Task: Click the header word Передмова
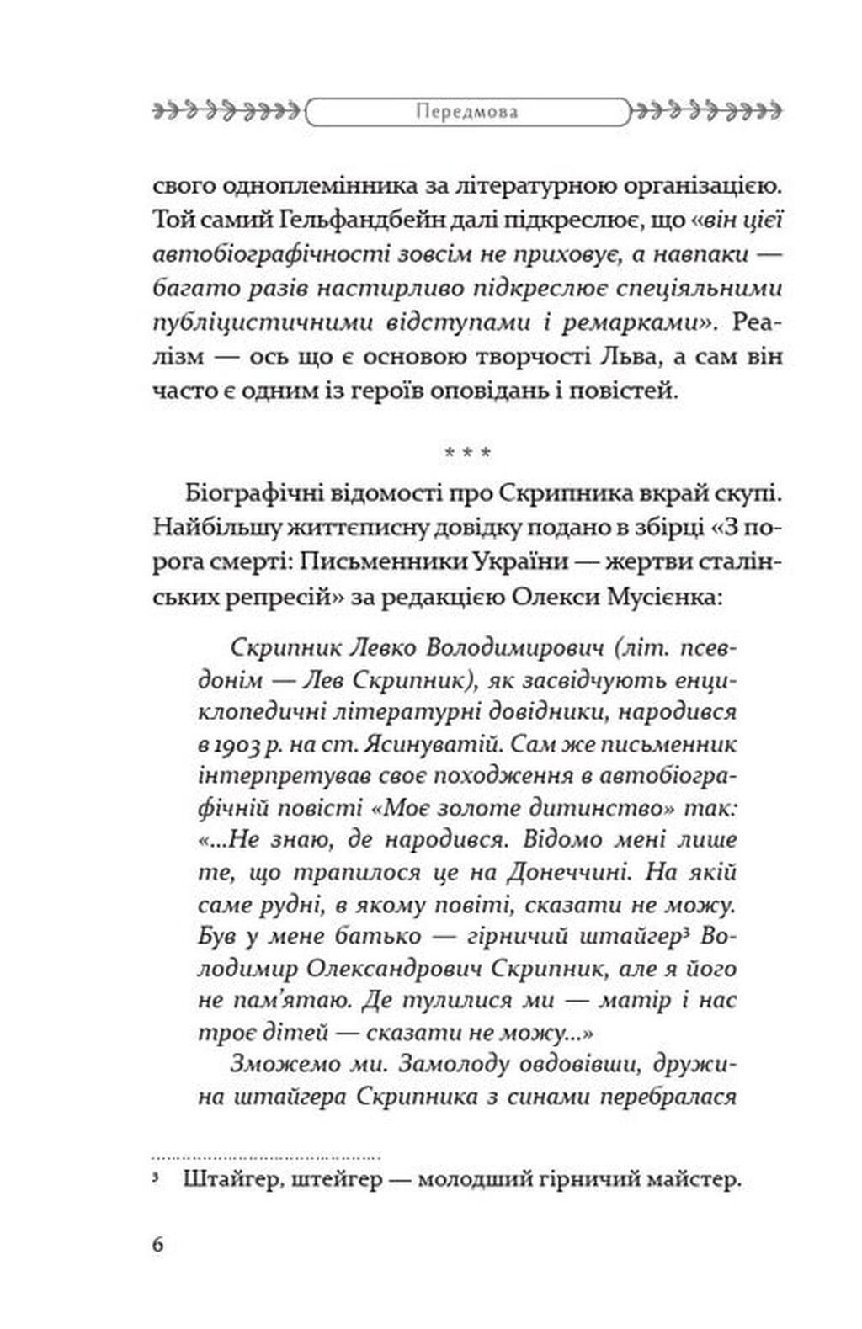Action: (x=467, y=111)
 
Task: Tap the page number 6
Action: (x=158, y=1245)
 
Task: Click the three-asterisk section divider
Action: (x=467, y=454)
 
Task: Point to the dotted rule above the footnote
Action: (x=266, y=1158)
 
